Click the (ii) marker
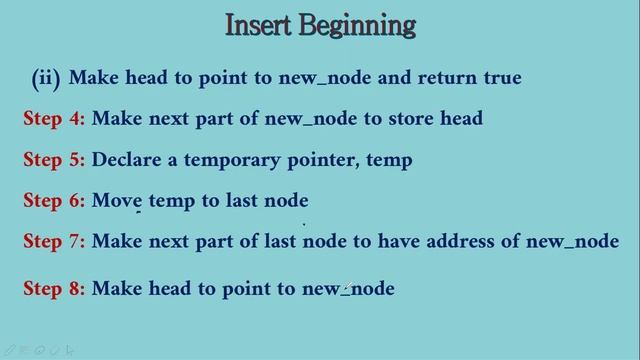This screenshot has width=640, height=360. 46,77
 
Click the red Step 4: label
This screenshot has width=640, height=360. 54,119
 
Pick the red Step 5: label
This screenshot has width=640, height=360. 54,160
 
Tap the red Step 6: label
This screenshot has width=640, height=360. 54,201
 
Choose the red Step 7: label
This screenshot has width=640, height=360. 54,242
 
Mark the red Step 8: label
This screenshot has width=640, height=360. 54,289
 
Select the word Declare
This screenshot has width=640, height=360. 127,160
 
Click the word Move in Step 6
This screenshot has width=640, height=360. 117,201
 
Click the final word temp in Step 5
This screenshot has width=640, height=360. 390,161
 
